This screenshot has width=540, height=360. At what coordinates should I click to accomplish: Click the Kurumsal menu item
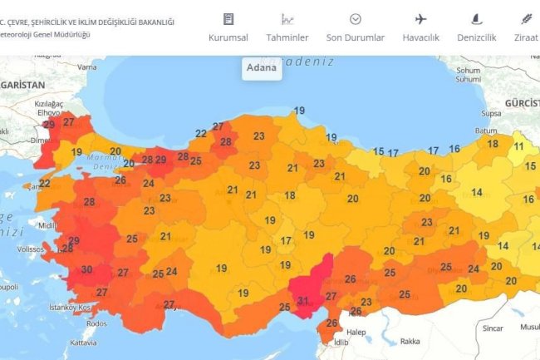(x=228, y=37)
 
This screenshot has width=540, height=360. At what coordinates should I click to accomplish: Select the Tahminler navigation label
(x=287, y=37)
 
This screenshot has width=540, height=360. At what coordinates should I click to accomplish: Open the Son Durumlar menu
(x=355, y=37)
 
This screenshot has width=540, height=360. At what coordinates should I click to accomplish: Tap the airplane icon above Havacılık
(x=420, y=19)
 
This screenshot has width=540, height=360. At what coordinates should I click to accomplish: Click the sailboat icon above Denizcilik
(x=476, y=19)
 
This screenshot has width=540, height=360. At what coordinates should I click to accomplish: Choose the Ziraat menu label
(x=526, y=37)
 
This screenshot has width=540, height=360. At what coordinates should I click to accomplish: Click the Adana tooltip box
(x=262, y=67)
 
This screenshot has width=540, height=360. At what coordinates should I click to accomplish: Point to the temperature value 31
(x=302, y=301)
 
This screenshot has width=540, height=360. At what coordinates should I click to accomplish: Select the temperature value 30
(x=86, y=269)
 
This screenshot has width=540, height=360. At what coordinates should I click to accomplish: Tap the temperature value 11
(x=518, y=145)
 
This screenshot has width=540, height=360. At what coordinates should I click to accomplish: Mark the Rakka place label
(x=410, y=341)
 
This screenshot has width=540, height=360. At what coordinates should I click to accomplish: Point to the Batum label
(x=485, y=131)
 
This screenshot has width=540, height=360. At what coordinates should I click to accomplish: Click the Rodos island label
(x=96, y=323)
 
